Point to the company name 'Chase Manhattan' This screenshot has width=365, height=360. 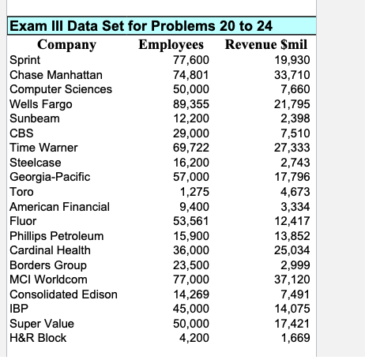55,74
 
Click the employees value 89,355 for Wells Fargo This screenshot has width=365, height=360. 190,103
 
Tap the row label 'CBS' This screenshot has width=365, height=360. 21,133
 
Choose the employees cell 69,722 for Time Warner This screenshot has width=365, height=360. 190,148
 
